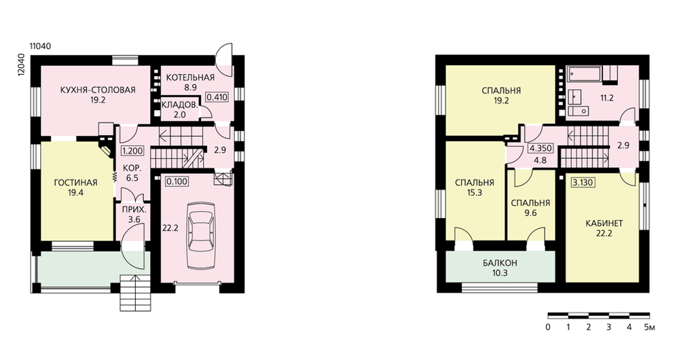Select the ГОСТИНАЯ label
coord(75,183)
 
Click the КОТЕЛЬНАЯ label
coord(190,77)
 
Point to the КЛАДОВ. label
coord(180,105)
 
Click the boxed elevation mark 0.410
coord(217,97)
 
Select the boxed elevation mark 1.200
coord(132,151)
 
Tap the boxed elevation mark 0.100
coord(177,181)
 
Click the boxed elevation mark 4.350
coord(541,148)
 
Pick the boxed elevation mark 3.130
coord(583,183)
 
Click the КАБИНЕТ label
coord(604,223)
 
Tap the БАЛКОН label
coord(500,263)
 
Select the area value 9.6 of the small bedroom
coord(530,213)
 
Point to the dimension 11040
coord(40,46)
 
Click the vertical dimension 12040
coord(21,65)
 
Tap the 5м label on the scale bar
coord(650,327)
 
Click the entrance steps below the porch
coord(135,293)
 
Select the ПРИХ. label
coord(134,209)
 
